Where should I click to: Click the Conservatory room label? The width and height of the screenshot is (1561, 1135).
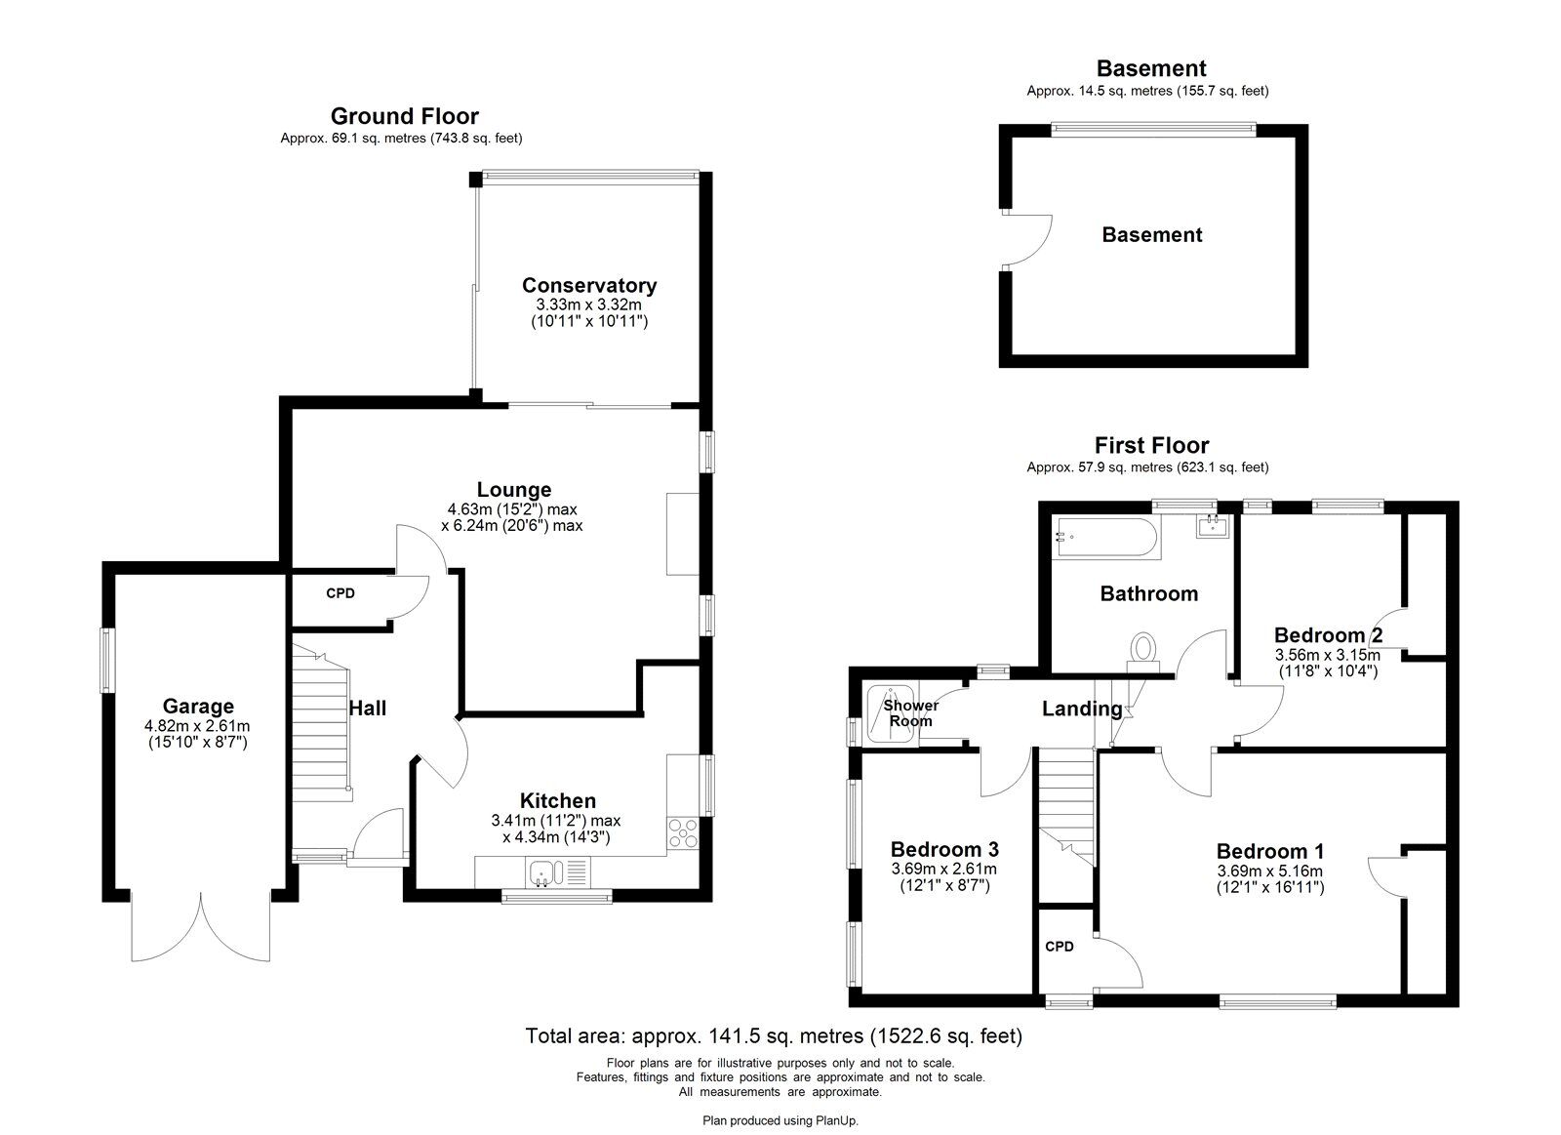[589, 285]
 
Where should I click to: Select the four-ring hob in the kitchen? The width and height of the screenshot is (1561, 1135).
[682, 833]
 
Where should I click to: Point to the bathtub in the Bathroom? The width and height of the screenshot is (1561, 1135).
[1107, 537]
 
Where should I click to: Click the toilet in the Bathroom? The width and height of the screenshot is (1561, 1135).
[1142, 652]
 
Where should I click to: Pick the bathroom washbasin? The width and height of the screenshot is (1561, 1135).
[1214, 525]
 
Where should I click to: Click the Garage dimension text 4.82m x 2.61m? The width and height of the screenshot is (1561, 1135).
[197, 726]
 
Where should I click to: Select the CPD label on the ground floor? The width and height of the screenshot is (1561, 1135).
[340, 593]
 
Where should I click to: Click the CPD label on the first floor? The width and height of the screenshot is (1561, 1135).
[1060, 947]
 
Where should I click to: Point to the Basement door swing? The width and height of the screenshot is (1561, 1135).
[1029, 240]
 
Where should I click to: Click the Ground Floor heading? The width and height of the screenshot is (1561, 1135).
[404, 116]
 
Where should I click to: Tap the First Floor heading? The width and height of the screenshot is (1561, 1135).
[1151, 445]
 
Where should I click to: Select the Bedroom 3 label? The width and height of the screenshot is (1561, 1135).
[944, 849]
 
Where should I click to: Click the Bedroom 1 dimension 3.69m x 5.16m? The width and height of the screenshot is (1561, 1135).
[1269, 871]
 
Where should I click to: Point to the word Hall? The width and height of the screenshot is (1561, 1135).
[367, 709]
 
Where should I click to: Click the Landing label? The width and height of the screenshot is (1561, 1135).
[1082, 709]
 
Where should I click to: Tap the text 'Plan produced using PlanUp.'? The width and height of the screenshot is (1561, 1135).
[780, 1120]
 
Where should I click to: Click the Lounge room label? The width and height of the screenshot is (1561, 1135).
[513, 489]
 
